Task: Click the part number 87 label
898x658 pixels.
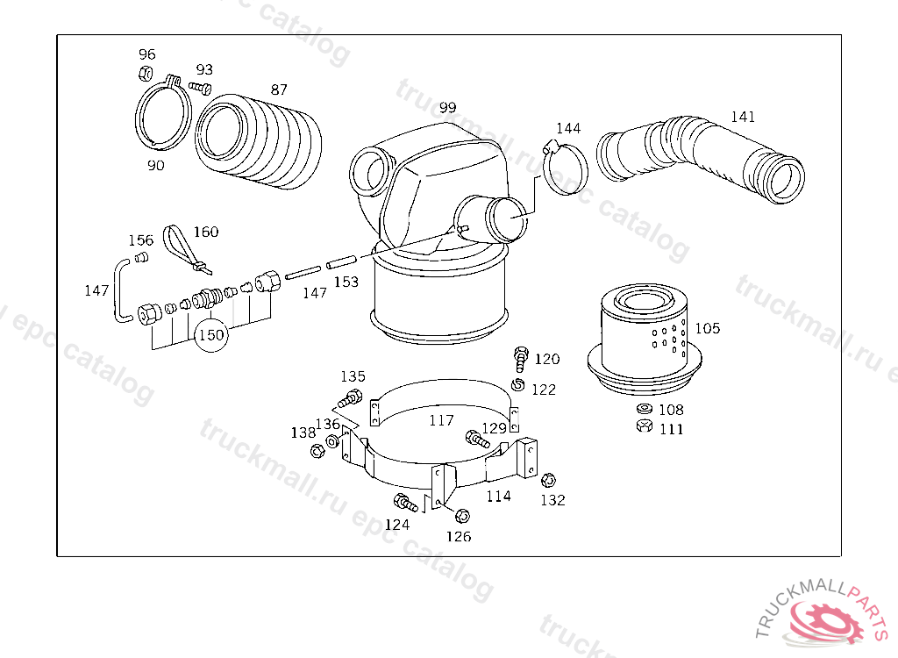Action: pyautogui.click(x=279, y=89)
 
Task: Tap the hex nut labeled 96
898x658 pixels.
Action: pyautogui.click(x=146, y=74)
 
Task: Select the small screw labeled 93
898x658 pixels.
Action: pyautogui.click(x=201, y=88)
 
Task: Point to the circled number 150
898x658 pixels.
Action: pyautogui.click(x=211, y=335)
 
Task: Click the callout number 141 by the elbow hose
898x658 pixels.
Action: pyautogui.click(x=743, y=117)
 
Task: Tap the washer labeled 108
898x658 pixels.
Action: pyautogui.click(x=645, y=409)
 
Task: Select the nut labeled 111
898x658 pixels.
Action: pyautogui.click(x=645, y=426)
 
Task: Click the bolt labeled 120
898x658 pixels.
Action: pyautogui.click(x=521, y=360)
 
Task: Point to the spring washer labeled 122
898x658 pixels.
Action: pyautogui.click(x=517, y=384)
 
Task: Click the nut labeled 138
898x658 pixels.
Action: pyautogui.click(x=316, y=451)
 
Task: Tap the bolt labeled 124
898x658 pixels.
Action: pyautogui.click(x=405, y=503)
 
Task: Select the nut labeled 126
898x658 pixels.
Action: pyautogui.click(x=462, y=517)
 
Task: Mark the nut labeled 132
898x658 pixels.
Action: pyautogui.click(x=548, y=480)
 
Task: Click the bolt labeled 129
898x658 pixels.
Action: pyautogui.click(x=478, y=440)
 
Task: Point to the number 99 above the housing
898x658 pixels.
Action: pyautogui.click(x=448, y=107)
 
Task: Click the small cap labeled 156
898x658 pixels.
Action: pyautogui.click(x=141, y=257)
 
